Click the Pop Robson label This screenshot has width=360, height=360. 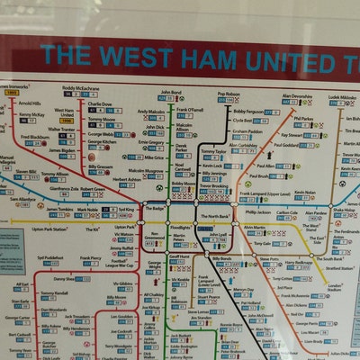[229, 94]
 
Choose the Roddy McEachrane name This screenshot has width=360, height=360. [81, 88]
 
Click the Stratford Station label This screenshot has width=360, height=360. [339, 267]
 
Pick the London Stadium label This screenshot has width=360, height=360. [336, 288]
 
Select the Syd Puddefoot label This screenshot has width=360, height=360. [51, 257]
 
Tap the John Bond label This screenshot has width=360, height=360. [171, 92]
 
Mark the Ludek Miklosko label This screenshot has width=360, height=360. [342, 96]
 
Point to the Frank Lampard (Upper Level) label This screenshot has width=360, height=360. [265, 194]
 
